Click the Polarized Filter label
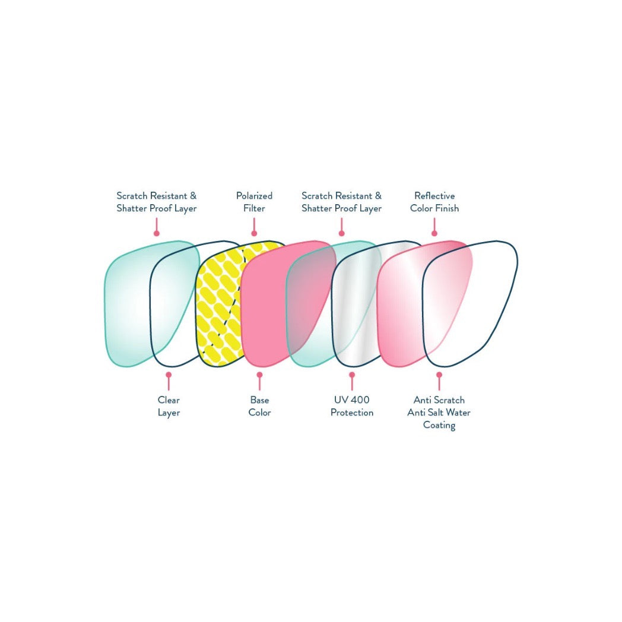pos(254,202)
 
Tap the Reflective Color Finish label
pos(434,202)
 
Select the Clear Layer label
pos(169,406)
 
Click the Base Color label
pos(259,406)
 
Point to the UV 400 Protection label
pos(352,406)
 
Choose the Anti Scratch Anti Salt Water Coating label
pos(439,412)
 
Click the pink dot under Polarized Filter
pos(254,233)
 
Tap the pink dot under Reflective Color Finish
pos(434,233)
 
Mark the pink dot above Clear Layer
pos(169,375)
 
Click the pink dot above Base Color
pos(259,375)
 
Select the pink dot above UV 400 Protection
pos(352,375)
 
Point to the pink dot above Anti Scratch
pos(439,375)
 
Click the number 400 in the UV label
pos(360,400)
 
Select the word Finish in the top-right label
pos(447,208)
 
